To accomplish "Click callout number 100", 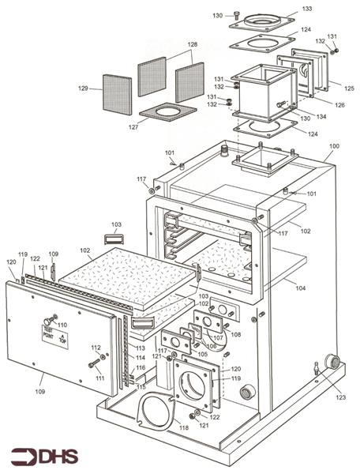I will pos(334,146).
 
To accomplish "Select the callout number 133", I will pos(307,9).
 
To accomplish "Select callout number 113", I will pos(140,348).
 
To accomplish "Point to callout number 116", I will pos(140,367).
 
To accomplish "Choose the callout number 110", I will pos(62,325).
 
